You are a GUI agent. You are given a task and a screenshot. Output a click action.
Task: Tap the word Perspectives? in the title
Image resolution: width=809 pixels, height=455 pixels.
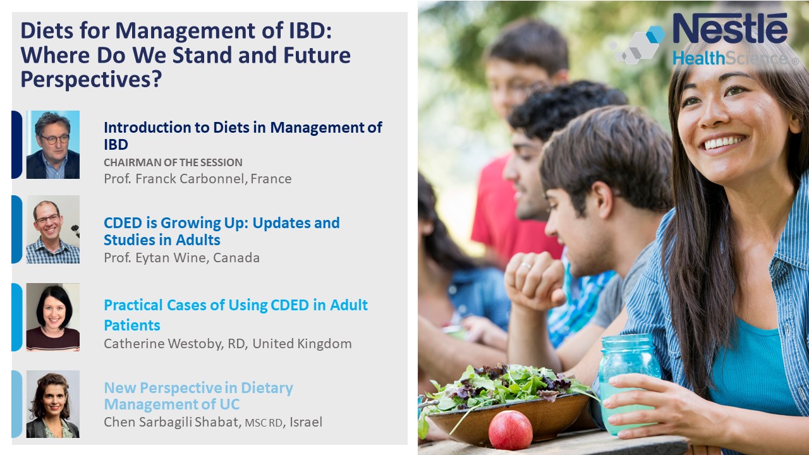[92, 80]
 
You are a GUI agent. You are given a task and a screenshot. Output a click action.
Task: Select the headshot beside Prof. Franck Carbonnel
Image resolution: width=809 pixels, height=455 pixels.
[52, 145]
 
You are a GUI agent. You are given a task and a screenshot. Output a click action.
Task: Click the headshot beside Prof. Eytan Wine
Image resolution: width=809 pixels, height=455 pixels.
[52, 229]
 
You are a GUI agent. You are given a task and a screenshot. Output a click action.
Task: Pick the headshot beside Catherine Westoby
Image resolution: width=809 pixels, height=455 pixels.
[52, 317]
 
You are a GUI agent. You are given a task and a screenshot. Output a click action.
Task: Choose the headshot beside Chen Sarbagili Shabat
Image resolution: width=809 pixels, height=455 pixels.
[52, 404]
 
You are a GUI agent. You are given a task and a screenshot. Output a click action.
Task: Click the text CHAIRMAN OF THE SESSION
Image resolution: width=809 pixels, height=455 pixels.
[173, 162]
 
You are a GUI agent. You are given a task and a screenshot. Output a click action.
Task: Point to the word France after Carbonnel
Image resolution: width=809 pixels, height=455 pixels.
[271, 179]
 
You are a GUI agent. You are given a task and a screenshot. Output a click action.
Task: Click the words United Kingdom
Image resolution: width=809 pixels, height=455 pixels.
[302, 344]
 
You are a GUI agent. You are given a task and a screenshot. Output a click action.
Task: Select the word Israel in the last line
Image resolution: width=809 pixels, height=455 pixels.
[306, 422]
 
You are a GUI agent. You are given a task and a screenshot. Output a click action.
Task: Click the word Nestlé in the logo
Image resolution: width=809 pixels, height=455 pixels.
[730, 28]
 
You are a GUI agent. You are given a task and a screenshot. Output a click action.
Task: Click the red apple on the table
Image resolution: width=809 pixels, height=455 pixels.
[510, 430]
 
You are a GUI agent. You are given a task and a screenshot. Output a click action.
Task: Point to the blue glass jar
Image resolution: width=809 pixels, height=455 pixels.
[628, 384]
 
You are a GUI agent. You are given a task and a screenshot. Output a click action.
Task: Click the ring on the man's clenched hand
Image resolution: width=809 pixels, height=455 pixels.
[525, 266]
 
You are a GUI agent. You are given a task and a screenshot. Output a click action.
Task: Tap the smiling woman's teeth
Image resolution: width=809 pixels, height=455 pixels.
[724, 142]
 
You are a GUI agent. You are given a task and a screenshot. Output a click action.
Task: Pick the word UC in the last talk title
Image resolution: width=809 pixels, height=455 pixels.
[229, 404]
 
